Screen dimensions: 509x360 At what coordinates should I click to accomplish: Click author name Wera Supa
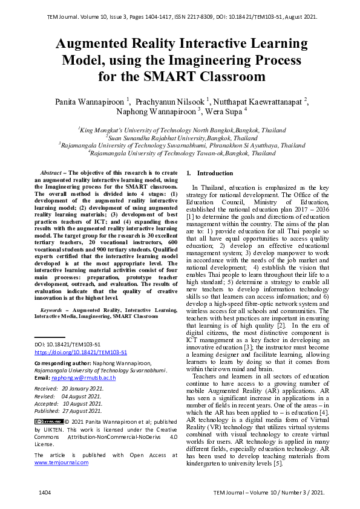[x=224, y=112]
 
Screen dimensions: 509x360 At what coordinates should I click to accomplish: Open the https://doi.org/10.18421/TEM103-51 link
[x=80, y=352]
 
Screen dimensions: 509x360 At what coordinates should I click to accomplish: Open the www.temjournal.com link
[x=61, y=462]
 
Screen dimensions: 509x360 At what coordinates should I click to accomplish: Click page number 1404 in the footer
[x=45, y=493]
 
